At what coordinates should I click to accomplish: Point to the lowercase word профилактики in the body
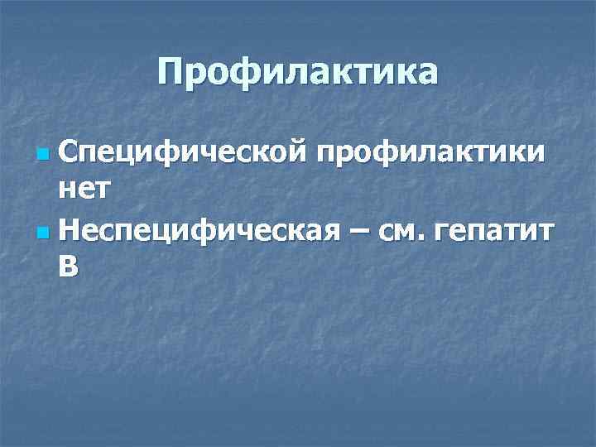click(427, 153)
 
